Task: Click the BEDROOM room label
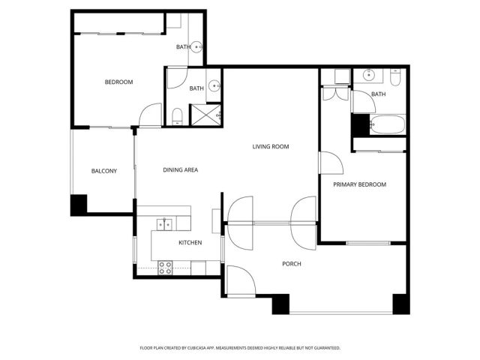click(x=118, y=82)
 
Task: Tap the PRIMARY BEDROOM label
click(x=359, y=184)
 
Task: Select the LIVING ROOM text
click(x=270, y=146)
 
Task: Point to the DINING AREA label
click(x=180, y=170)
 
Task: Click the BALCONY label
click(x=103, y=171)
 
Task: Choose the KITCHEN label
click(x=190, y=243)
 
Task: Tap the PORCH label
click(x=292, y=263)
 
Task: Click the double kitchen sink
click(x=164, y=223)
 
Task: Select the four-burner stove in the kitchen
click(x=165, y=267)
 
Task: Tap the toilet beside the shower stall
click(x=176, y=115)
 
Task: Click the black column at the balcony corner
click(x=79, y=204)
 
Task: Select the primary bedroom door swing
click(x=330, y=163)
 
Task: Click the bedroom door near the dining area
click(x=151, y=115)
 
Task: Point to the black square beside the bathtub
click(x=361, y=124)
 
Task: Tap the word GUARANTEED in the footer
click(x=325, y=348)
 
